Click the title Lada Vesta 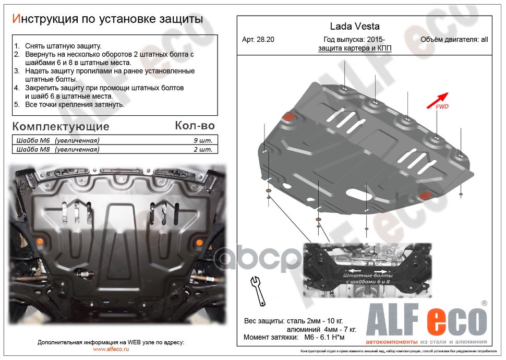355,26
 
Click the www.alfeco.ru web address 111,349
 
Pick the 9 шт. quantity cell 202,141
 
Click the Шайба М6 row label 57,141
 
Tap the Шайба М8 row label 57,150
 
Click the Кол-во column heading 194,126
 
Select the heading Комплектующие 61,127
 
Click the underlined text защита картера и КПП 355,48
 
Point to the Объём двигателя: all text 454,40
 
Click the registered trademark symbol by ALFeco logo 484,303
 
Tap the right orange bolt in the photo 199,242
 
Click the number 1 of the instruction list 17,46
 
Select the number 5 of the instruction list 17,104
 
